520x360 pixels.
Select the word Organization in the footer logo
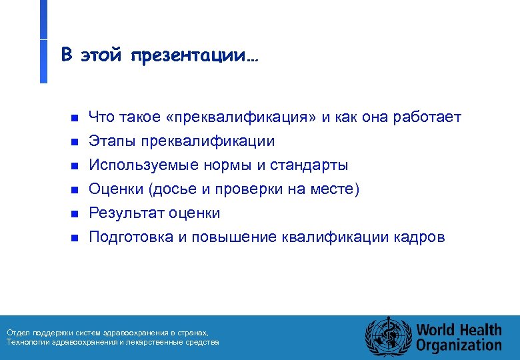pyautogui.click(x=459, y=345)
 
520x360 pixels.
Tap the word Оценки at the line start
pyautogui.click(x=117, y=189)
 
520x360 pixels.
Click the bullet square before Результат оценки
pyautogui.click(x=75, y=214)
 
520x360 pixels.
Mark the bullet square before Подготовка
pyautogui.click(x=75, y=238)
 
